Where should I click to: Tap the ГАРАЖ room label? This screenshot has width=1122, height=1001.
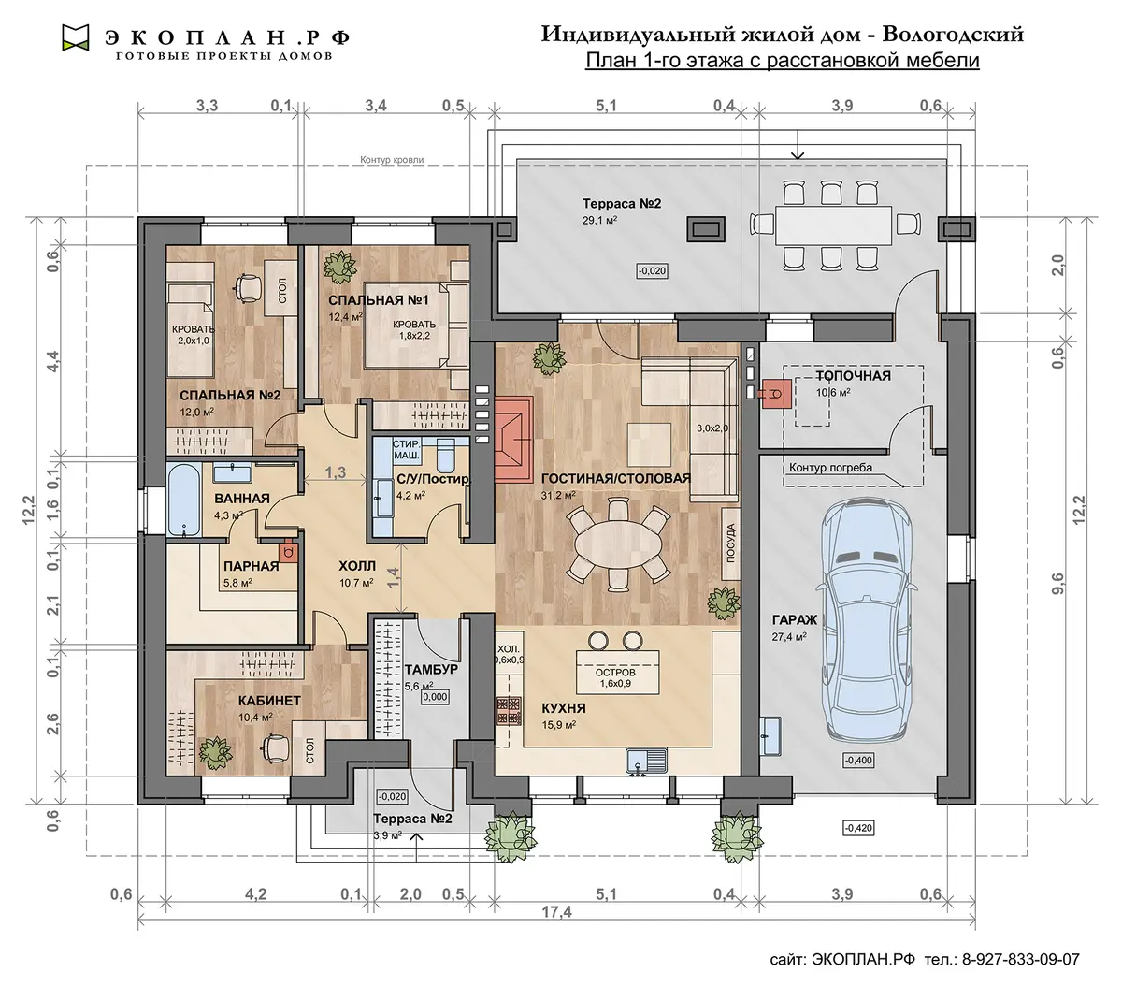click(794, 619)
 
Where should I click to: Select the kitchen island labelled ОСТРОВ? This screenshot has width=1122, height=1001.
click(617, 671)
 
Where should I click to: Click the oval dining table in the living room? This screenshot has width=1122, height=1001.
click(617, 545)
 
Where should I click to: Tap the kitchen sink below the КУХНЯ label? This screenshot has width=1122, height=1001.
click(646, 760)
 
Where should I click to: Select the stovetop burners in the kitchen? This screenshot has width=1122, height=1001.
click(509, 711)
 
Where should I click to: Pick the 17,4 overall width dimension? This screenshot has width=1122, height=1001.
click(556, 912)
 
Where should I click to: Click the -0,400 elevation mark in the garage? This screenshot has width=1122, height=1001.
click(857, 761)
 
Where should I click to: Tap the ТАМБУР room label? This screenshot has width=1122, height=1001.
click(431, 669)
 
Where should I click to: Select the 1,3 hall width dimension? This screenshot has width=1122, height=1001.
click(335, 472)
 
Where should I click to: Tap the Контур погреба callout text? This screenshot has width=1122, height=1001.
click(830, 467)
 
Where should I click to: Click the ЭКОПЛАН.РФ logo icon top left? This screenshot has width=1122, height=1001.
click(76, 37)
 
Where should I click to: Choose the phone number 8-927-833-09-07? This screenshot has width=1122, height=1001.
click(1021, 960)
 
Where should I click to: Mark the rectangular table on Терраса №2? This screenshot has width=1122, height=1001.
click(833, 225)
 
